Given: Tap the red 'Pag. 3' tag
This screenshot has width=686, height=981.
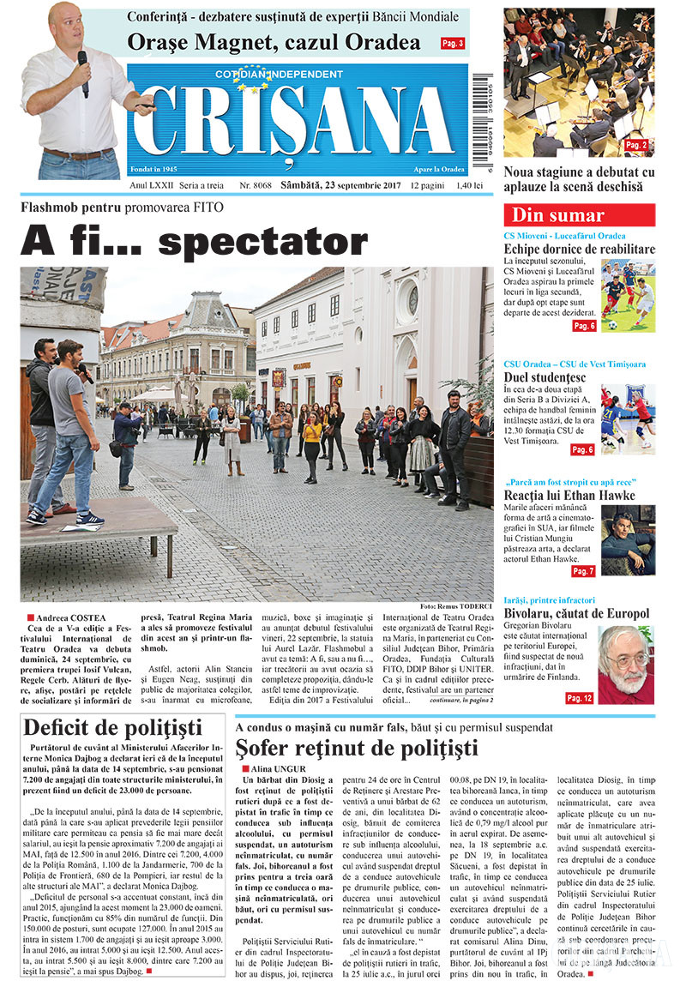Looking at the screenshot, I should (x=453, y=43).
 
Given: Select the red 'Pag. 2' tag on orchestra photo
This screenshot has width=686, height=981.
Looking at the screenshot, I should (x=637, y=145).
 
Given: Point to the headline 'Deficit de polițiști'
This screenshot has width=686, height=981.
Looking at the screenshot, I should (x=112, y=728).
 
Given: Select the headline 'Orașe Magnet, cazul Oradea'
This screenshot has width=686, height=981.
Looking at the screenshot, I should (x=274, y=42).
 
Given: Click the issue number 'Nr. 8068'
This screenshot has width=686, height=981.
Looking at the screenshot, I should (x=256, y=185).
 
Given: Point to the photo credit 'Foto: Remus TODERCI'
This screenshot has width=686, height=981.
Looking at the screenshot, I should (x=457, y=607).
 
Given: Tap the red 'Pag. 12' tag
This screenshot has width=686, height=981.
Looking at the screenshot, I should (x=579, y=698).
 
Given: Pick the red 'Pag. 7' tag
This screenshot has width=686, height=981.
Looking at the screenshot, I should (x=583, y=571).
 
